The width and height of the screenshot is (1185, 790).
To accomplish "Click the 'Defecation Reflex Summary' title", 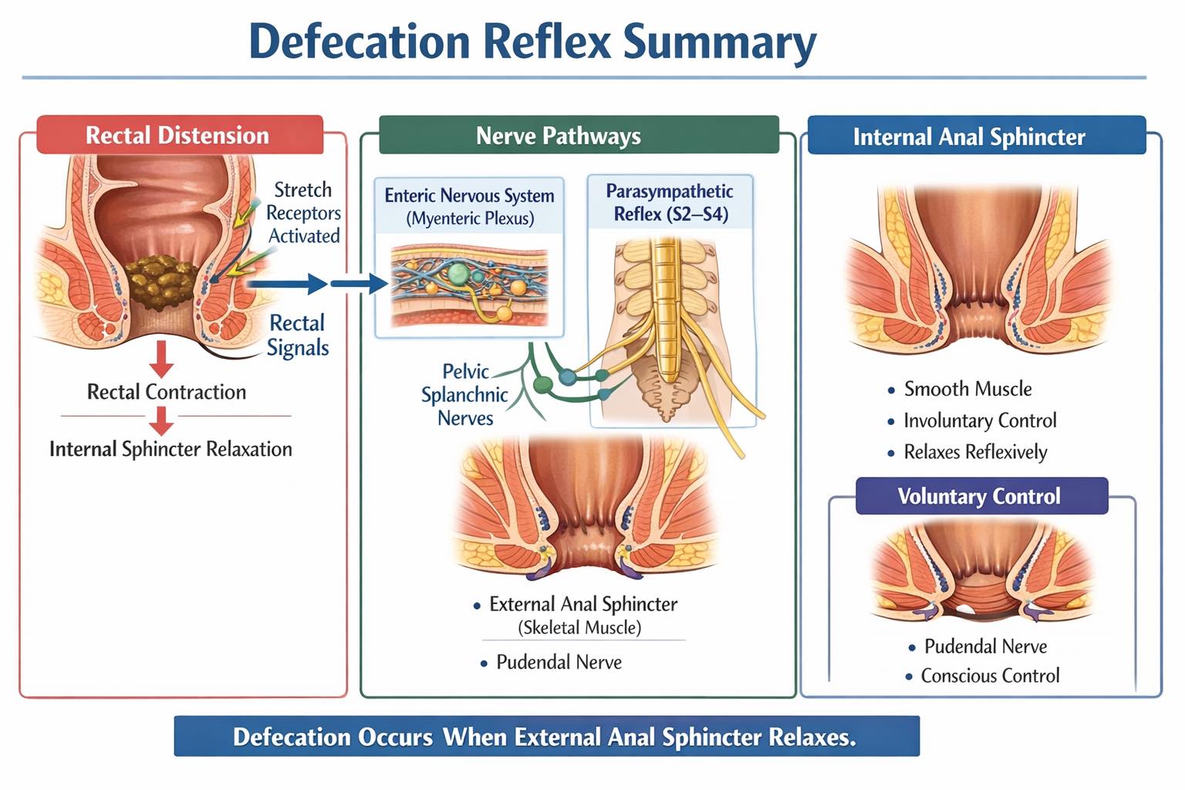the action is (533, 42).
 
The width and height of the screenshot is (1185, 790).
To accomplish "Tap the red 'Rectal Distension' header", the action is (180, 135).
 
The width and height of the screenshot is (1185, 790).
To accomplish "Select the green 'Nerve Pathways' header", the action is (579, 136).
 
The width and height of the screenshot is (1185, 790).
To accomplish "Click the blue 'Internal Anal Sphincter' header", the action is (977, 136).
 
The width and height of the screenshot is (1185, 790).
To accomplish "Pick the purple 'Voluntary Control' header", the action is (982, 496).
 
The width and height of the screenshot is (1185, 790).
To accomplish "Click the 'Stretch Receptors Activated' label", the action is (304, 213).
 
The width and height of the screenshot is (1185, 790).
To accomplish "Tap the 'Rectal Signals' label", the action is (297, 335).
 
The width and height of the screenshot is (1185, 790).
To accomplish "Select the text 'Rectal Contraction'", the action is (167, 392).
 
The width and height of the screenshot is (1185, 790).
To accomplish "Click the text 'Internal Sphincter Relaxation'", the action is (170, 449).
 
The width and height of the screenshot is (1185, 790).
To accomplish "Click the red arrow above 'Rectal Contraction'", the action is (161, 359).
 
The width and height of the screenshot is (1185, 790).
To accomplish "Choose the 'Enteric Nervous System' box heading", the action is (469, 196).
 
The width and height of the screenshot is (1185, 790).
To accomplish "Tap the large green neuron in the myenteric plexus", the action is (458, 274).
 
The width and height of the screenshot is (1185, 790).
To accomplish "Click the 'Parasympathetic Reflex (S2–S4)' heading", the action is (670, 203).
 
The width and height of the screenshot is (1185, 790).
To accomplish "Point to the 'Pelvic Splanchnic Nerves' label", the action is (464, 395).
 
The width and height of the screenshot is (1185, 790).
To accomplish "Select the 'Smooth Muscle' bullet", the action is (960, 389).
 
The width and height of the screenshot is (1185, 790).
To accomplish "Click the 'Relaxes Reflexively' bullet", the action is (967, 452).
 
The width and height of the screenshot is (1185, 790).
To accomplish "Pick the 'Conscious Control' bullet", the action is (983, 676).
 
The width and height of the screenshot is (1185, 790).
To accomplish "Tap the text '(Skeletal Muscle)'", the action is (580, 627).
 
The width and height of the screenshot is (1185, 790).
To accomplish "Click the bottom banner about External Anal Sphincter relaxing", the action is (547, 736).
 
